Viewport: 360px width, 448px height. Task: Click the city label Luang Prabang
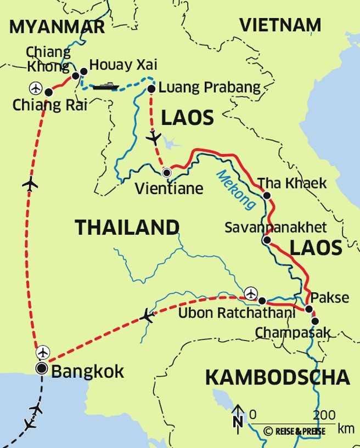pyautogui.click(x=210, y=88)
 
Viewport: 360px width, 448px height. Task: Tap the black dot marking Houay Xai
pyautogui.click(x=83, y=71)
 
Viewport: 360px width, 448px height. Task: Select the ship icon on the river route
pyautogui.click(x=106, y=86)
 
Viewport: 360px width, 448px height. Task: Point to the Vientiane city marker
pyautogui.click(x=167, y=173)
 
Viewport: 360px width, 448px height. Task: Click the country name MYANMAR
pyautogui.click(x=57, y=27)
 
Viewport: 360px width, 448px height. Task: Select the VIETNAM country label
pyautogui.click(x=280, y=25)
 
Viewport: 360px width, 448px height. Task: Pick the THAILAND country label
pyautogui.click(x=127, y=227)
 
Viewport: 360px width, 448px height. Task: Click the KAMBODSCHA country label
pyautogui.click(x=277, y=377)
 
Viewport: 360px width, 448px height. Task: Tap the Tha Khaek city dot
pyautogui.click(x=266, y=195)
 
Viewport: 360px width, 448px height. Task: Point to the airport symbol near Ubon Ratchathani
pyautogui.click(x=251, y=293)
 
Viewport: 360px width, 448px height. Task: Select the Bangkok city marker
pyautogui.click(x=41, y=368)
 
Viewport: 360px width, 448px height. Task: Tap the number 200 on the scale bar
pyautogui.click(x=324, y=414)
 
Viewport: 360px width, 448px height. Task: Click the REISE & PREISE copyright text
pyautogui.click(x=294, y=431)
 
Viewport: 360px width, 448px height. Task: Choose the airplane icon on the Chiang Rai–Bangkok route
pyautogui.click(x=30, y=184)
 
